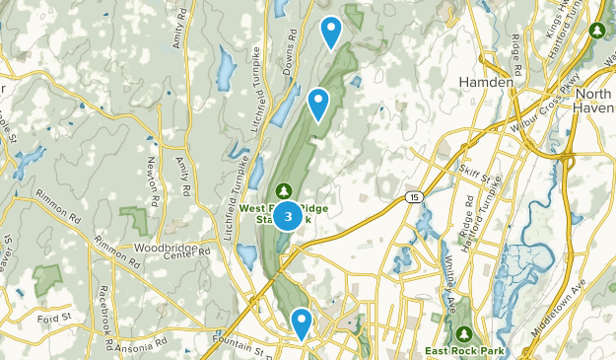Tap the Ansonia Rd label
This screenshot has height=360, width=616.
click(140, 347)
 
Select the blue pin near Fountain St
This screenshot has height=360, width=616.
click(302, 322)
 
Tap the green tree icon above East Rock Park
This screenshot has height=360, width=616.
click(465, 333)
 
